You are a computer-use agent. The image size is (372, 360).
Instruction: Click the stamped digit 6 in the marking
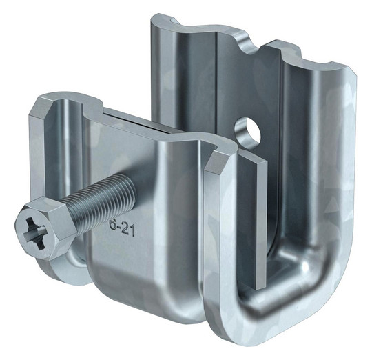(x=113, y=225)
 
